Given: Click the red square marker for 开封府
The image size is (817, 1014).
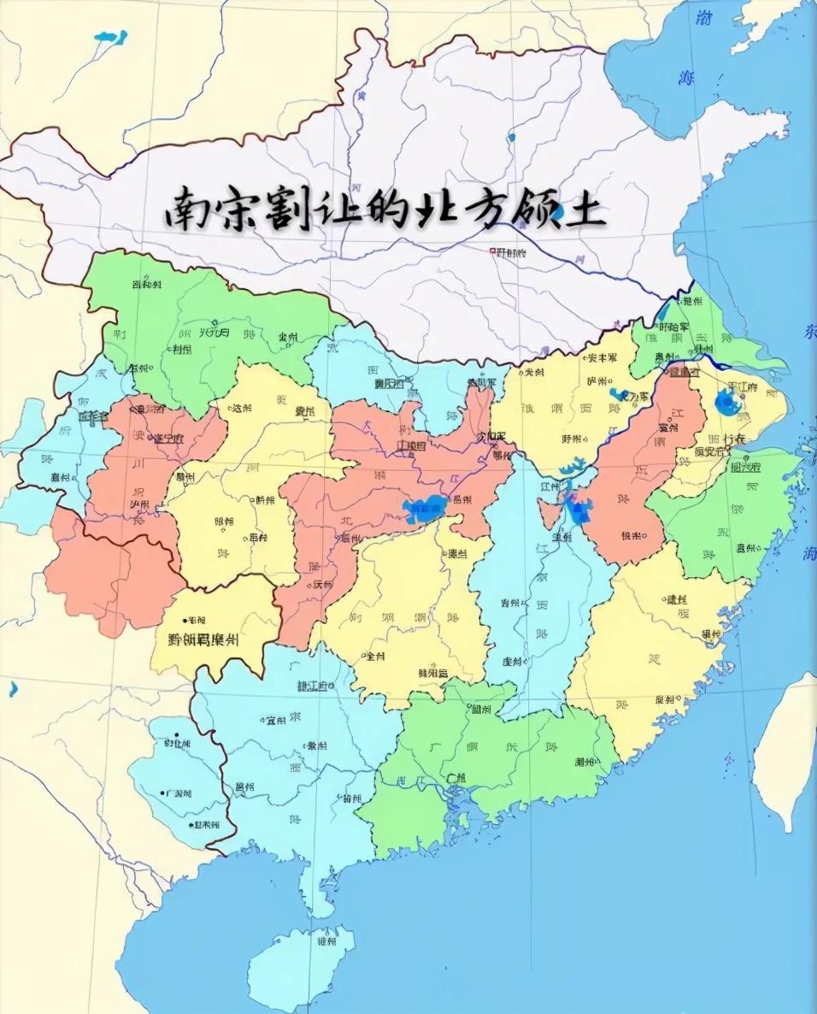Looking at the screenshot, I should tap(492, 251).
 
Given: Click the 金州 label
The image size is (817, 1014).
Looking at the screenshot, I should tap(287, 338).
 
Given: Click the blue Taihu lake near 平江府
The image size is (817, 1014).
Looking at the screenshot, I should tap(728, 402).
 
